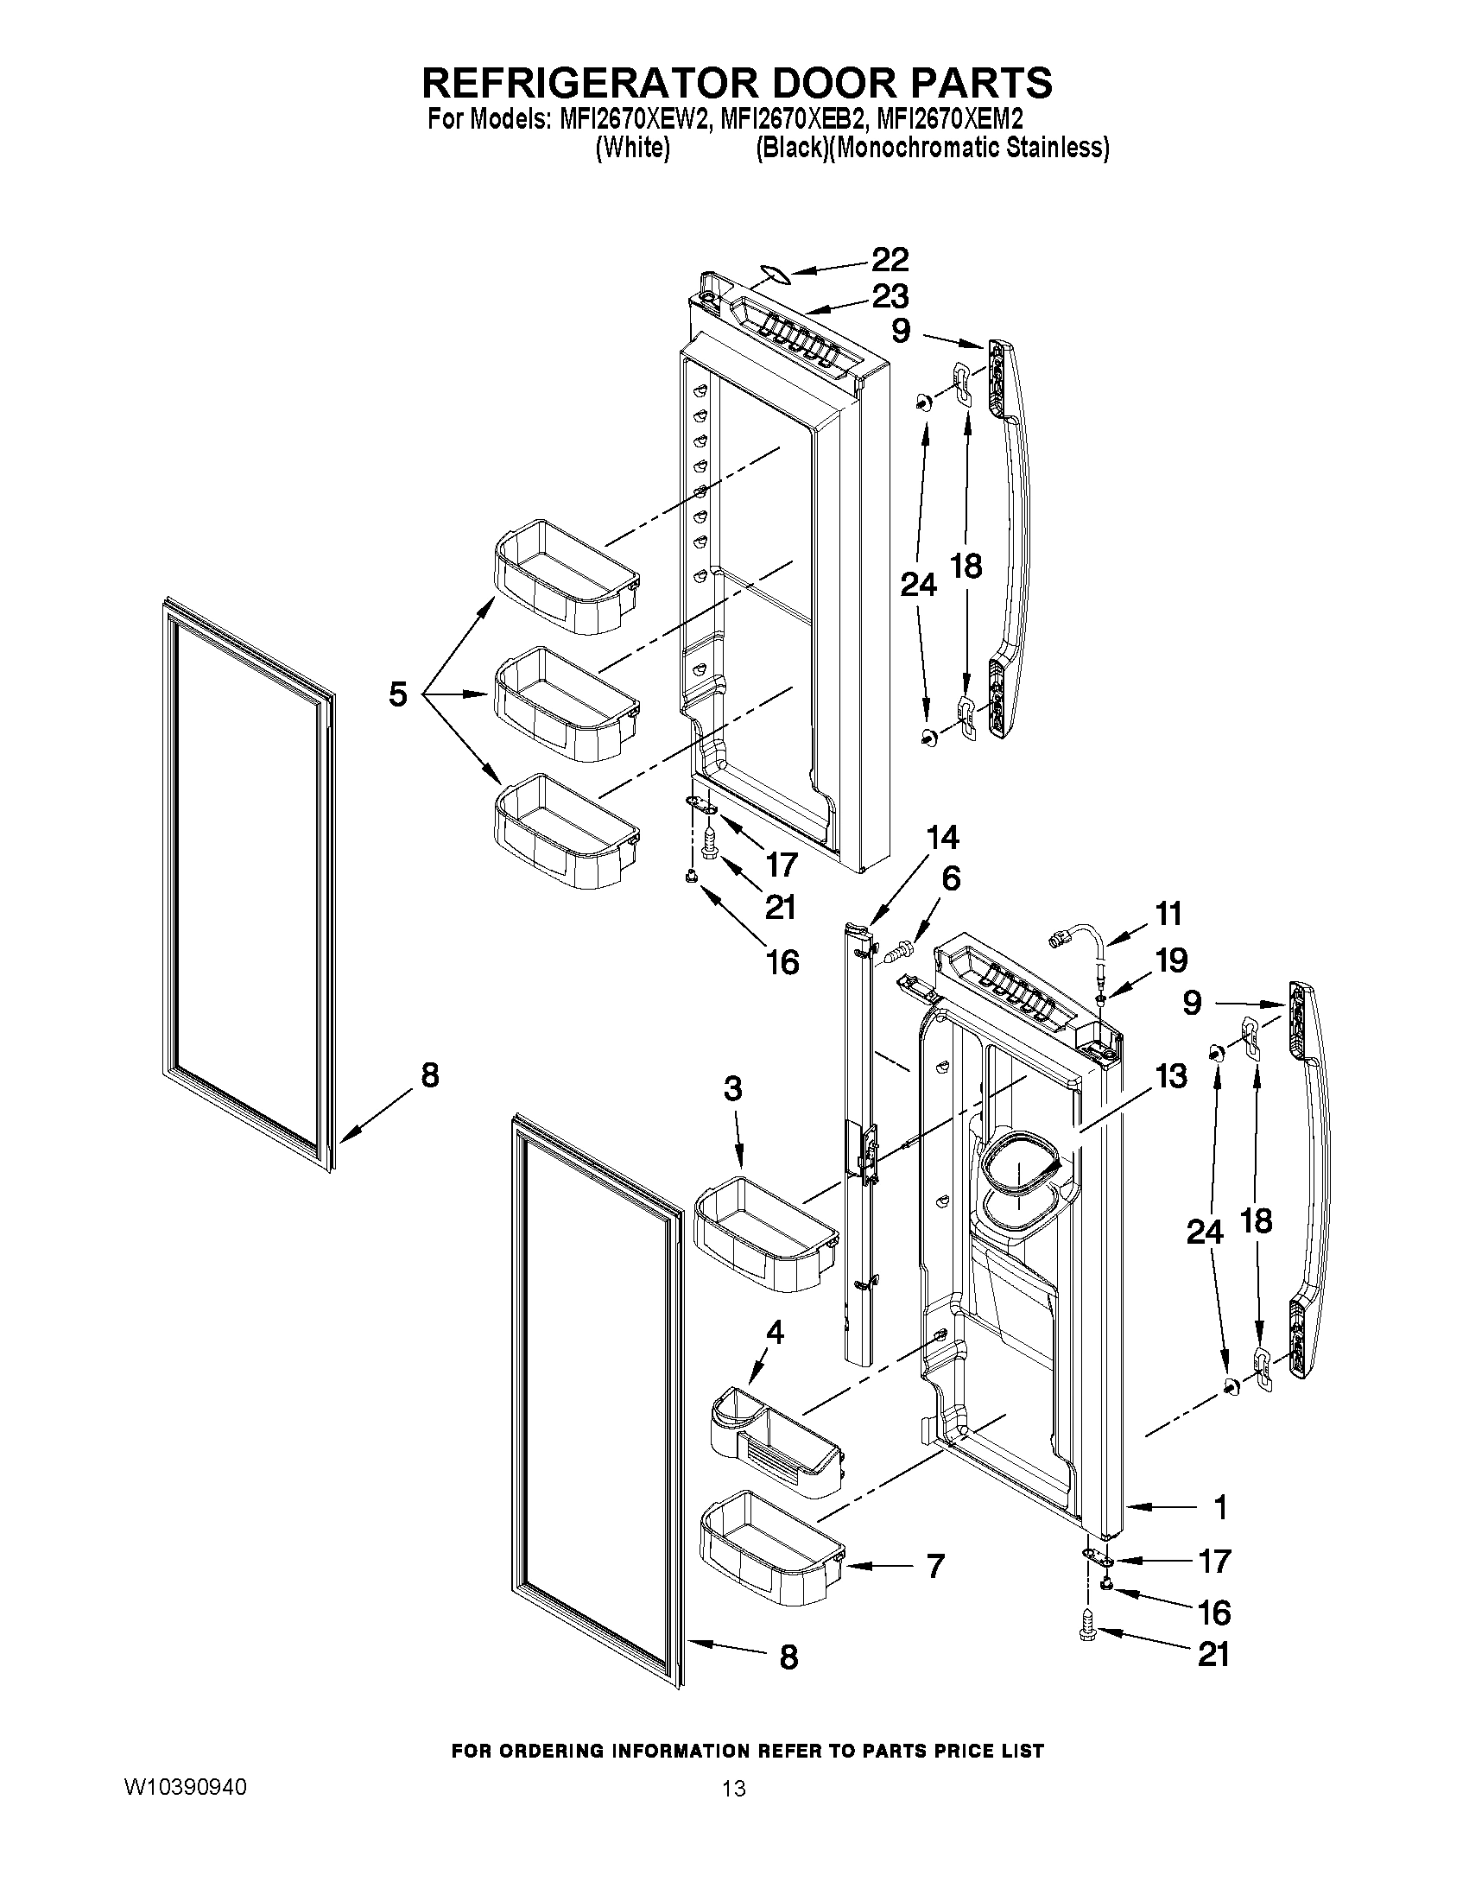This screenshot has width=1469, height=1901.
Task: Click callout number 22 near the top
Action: click(890, 259)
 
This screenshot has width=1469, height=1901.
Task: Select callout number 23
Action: click(890, 296)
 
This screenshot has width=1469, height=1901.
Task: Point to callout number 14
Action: click(941, 837)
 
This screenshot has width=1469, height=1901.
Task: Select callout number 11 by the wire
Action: click(1168, 914)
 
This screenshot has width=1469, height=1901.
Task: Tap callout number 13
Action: click(1171, 1076)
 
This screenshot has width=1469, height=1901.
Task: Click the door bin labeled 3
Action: click(764, 1231)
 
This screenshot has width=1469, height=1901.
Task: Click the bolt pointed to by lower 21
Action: click(1087, 1638)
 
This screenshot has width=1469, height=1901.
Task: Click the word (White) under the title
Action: click(632, 148)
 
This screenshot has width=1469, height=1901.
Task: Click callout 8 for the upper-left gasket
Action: click(429, 1076)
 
